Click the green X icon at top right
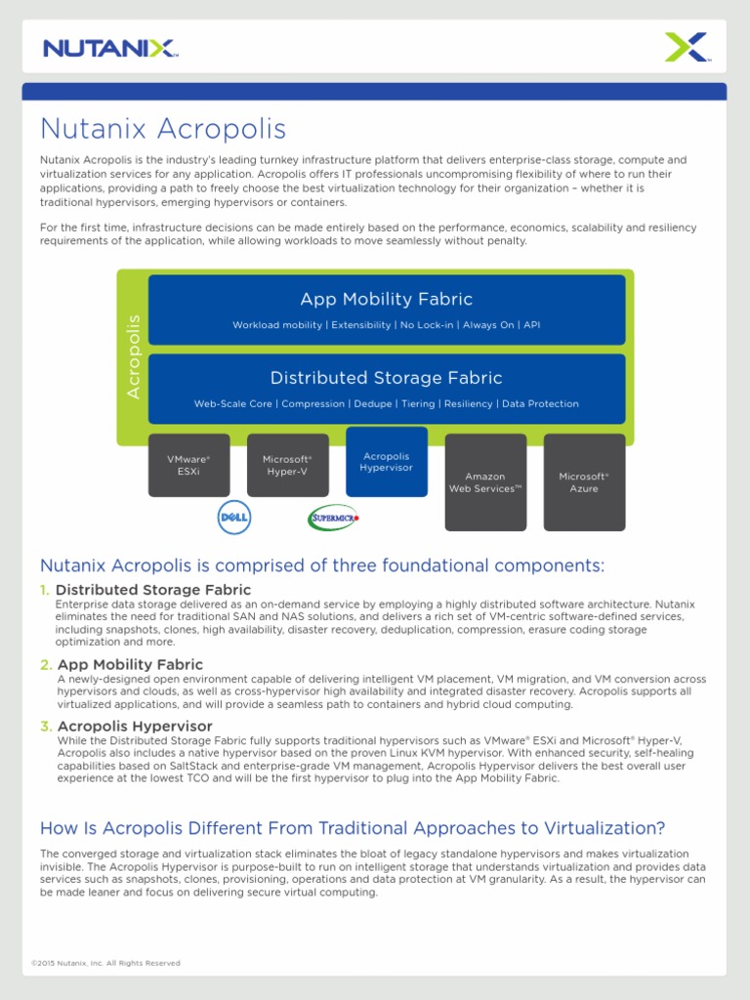tap(686, 47)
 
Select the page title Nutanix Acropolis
tap(162, 129)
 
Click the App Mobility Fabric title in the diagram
tap(386, 299)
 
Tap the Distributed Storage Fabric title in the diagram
tap(386, 378)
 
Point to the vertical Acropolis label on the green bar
tap(134, 355)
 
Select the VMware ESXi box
tap(188, 465)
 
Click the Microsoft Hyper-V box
tap(287, 465)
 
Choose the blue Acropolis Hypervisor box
tap(387, 461)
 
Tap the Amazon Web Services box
tap(485, 482)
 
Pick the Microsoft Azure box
tap(584, 482)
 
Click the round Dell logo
tap(234, 517)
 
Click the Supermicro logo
tap(334, 518)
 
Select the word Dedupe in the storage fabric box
tap(374, 403)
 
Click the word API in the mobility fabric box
tap(531, 324)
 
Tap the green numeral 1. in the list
tap(44, 590)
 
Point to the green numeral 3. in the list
tap(44, 727)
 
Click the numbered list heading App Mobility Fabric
tap(130, 665)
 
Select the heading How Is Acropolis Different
tap(352, 828)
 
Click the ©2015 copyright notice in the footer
tap(105, 963)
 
